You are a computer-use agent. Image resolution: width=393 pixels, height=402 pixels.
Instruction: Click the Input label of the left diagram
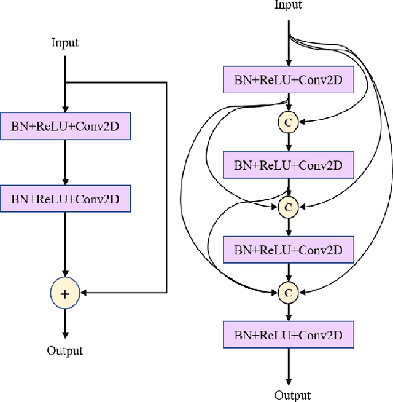[64, 43]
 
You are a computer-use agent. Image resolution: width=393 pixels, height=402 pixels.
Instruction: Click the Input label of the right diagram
[288, 6]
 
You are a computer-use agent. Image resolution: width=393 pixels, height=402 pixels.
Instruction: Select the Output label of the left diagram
[64, 351]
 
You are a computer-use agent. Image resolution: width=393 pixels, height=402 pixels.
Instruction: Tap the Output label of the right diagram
[292, 395]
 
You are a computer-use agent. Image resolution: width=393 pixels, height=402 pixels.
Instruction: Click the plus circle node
[65, 293]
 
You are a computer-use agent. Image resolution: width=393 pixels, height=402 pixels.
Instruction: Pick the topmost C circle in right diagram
[288, 122]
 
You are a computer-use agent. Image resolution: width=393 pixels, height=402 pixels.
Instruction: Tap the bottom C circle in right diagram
[288, 292]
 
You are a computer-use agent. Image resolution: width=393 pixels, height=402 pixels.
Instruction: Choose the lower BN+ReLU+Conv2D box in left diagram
[65, 199]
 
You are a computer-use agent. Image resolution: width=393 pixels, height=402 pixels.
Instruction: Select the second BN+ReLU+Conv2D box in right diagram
[288, 165]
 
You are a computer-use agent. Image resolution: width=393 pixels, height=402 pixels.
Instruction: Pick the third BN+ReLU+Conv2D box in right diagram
[288, 250]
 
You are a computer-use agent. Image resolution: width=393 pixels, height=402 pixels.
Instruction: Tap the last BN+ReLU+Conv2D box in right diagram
[288, 335]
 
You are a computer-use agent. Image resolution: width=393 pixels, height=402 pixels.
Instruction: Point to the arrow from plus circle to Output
[65, 323]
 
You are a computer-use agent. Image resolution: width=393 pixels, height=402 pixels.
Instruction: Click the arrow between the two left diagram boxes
[65, 163]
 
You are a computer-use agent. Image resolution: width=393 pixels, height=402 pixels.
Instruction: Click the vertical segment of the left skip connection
[166, 184]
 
